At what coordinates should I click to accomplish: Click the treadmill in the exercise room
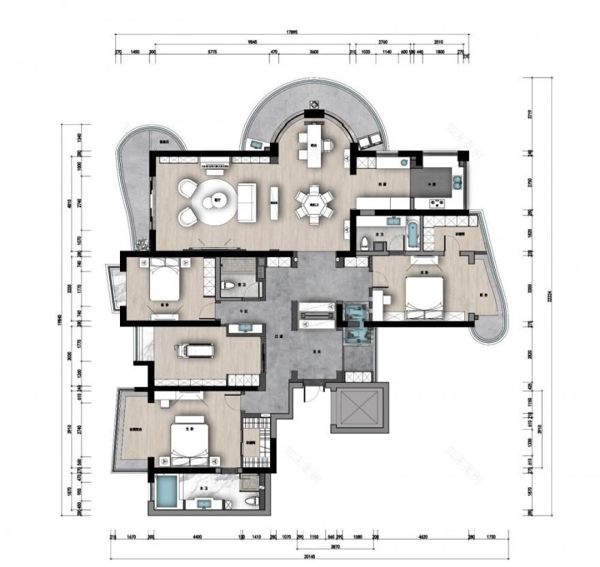click(x=195, y=351)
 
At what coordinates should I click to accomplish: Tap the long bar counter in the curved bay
click(x=314, y=144)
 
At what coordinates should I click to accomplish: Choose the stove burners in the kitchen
click(x=435, y=202)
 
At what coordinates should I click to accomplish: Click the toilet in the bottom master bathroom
click(x=252, y=502)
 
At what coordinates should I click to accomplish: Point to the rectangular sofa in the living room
click(x=245, y=203)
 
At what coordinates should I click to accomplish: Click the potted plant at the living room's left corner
click(x=141, y=243)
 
